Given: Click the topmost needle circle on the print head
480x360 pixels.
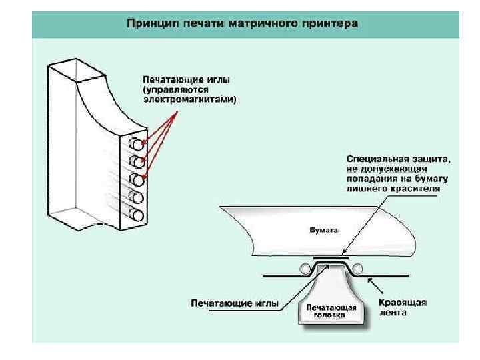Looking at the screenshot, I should point(137,144).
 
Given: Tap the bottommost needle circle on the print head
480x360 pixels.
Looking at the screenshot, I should point(137,215).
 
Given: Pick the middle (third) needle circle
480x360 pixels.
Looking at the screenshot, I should point(137,179).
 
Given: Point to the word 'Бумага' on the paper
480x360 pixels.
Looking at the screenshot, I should point(323,230).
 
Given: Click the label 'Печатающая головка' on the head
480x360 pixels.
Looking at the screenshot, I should point(331,311).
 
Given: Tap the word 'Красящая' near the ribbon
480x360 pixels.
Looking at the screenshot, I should point(402,302).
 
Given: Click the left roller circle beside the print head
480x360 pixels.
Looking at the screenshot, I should point(307,268).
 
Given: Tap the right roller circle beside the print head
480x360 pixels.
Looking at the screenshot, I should point(357,268).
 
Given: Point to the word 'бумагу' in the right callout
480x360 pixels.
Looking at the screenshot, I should point(430,179).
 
